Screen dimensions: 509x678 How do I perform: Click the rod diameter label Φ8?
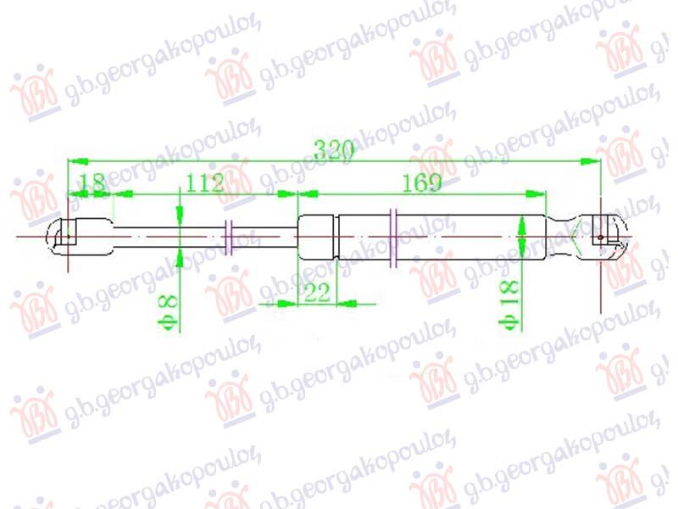[x=169, y=310]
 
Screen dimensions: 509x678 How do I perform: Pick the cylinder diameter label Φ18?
[x=509, y=304]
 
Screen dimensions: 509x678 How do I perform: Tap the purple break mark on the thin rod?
[x=231, y=237]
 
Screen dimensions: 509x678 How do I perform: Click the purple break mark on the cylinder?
[x=392, y=238]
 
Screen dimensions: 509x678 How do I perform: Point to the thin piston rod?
[x=169, y=235]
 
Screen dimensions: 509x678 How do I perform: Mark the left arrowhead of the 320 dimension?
[x=75, y=159]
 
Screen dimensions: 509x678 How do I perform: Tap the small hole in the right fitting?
[x=601, y=238]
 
